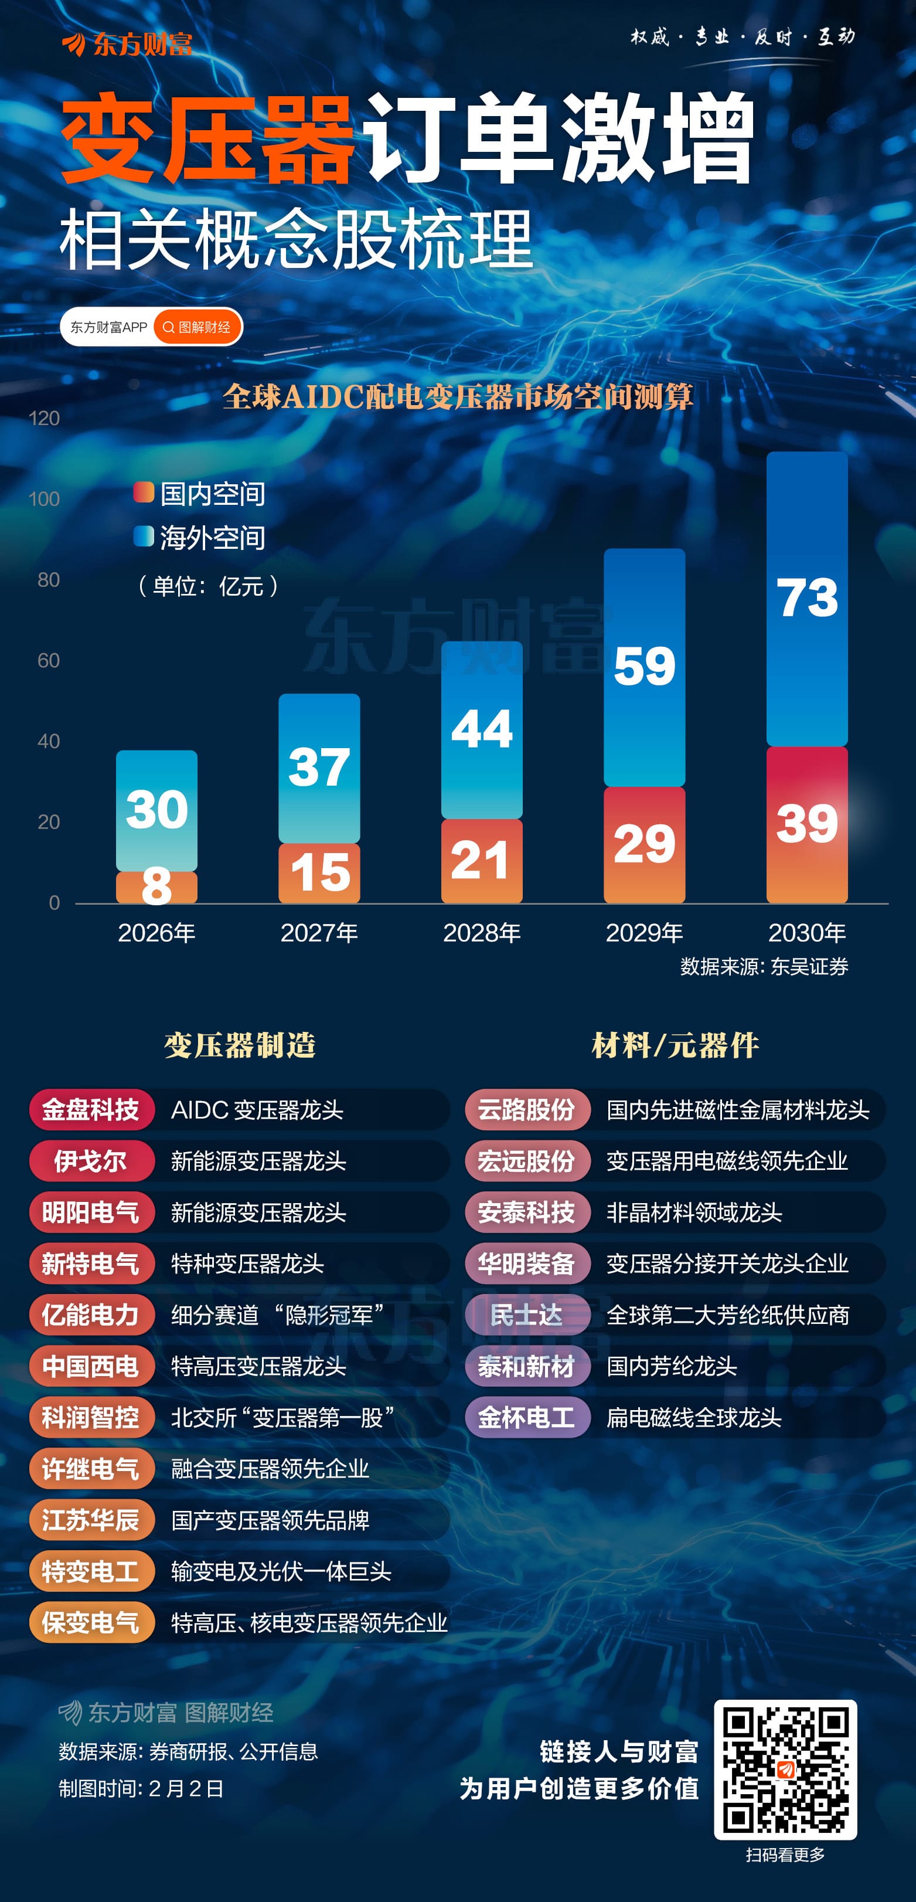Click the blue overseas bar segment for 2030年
point(807,598)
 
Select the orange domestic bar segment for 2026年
point(156,887)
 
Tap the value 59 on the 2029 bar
point(645,665)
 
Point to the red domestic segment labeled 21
point(481,861)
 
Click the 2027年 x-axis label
point(319,933)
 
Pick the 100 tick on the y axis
point(45,499)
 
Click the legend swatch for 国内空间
point(143,493)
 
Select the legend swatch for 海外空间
point(143,536)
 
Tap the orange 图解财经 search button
point(197,327)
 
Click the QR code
point(785,1769)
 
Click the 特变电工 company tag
point(91,1571)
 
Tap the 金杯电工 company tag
point(526,1418)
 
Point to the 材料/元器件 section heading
point(675,1045)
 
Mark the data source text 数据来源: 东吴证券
point(764,966)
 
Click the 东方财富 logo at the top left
point(127,45)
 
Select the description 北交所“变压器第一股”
point(282,1418)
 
